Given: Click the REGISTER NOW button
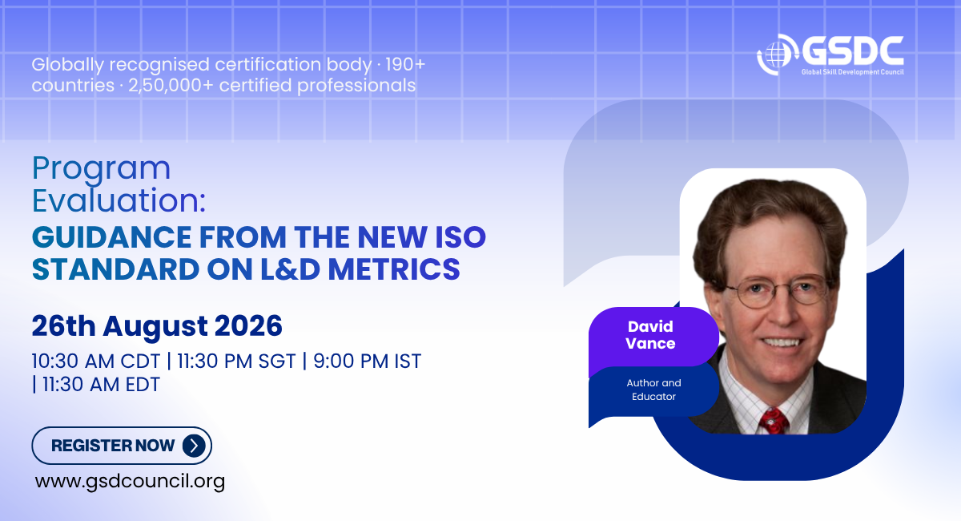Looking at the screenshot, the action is [122, 446].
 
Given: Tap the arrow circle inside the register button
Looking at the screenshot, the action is [194, 446].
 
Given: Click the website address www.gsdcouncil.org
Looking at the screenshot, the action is [130, 482].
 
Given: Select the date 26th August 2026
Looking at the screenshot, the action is [157, 325].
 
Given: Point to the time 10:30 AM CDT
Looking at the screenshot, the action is [95, 361].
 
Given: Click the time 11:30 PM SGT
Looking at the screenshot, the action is [236, 361].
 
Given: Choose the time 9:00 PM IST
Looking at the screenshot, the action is [368, 361].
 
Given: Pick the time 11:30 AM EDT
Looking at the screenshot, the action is [101, 385].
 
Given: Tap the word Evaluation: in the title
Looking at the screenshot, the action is [119, 200].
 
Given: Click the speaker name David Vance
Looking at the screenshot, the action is [650, 335].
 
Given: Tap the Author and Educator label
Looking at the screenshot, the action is [653, 390].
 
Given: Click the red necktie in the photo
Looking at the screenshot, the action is [773, 421].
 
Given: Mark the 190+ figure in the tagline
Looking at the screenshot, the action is [405, 64].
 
